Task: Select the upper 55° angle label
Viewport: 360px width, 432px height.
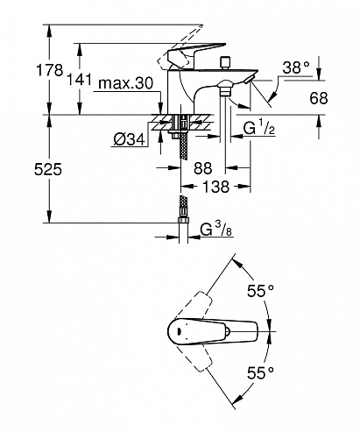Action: click(x=259, y=288)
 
